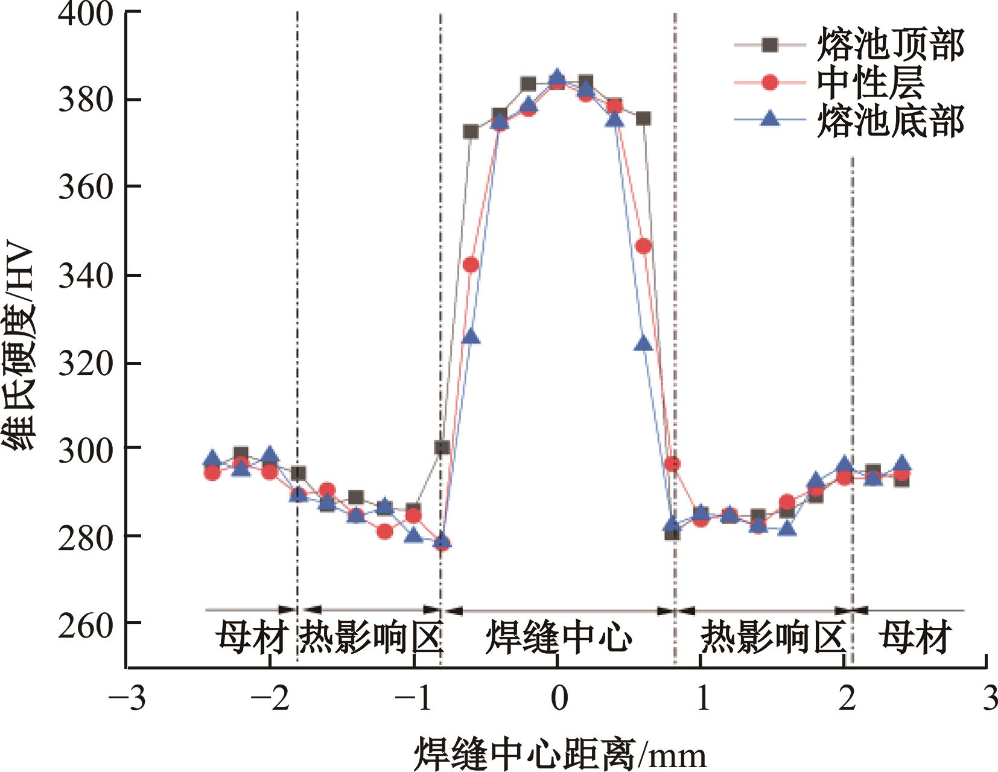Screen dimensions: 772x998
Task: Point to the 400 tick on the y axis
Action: (x=86, y=13)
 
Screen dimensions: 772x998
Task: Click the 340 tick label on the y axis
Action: (x=86, y=276)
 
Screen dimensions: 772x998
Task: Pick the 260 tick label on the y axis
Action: (x=86, y=625)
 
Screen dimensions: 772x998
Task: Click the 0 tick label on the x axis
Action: (x=559, y=698)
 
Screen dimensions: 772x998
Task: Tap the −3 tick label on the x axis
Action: (x=127, y=698)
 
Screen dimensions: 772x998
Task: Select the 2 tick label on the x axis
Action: (x=847, y=698)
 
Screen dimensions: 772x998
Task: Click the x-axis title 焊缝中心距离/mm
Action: (x=559, y=752)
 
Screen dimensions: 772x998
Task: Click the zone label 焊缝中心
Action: (x=559, y=638)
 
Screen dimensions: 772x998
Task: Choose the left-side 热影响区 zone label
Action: (x=370, y=638)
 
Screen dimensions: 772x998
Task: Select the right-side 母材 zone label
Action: (x=915, y=638)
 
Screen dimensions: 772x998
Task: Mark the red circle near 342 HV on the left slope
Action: (x=471, y=265)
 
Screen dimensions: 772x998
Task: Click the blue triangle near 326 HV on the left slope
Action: (x=471, y=338)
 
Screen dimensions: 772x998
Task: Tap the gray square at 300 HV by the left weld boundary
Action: (x=442, y=448)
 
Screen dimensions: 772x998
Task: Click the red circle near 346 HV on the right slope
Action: (x=644, y=246)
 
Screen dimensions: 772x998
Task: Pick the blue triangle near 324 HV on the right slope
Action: (x=644, y=344)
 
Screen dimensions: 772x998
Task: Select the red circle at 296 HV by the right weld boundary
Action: (x=672, y=464)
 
